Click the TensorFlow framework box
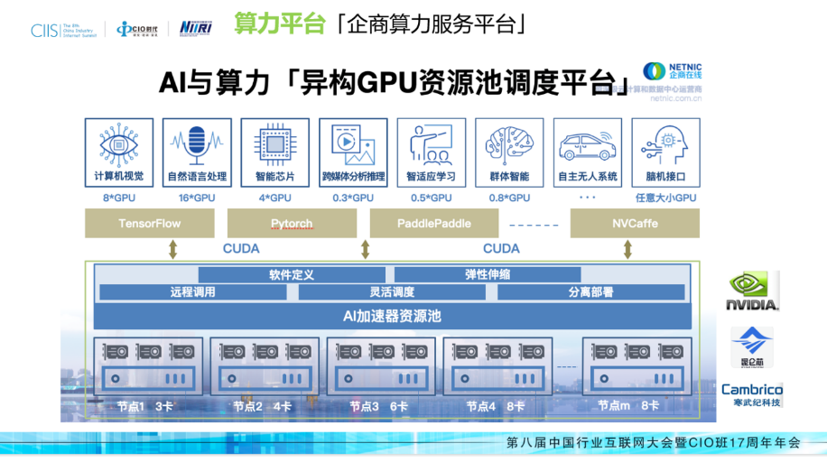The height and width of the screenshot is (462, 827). pos(150,223)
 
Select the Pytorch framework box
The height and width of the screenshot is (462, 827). pos(292,223)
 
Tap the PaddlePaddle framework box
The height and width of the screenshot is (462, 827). pos(433,223)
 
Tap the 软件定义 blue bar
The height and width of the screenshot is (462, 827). pos(291,274)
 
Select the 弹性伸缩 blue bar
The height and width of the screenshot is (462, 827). pos(488,274)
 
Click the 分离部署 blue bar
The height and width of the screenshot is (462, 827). pos(591,291)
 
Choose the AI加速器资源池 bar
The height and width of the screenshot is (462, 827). pos(392,316)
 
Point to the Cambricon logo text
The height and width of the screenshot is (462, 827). pos(751,390)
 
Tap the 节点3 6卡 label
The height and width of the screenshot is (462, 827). pos(378,407)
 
